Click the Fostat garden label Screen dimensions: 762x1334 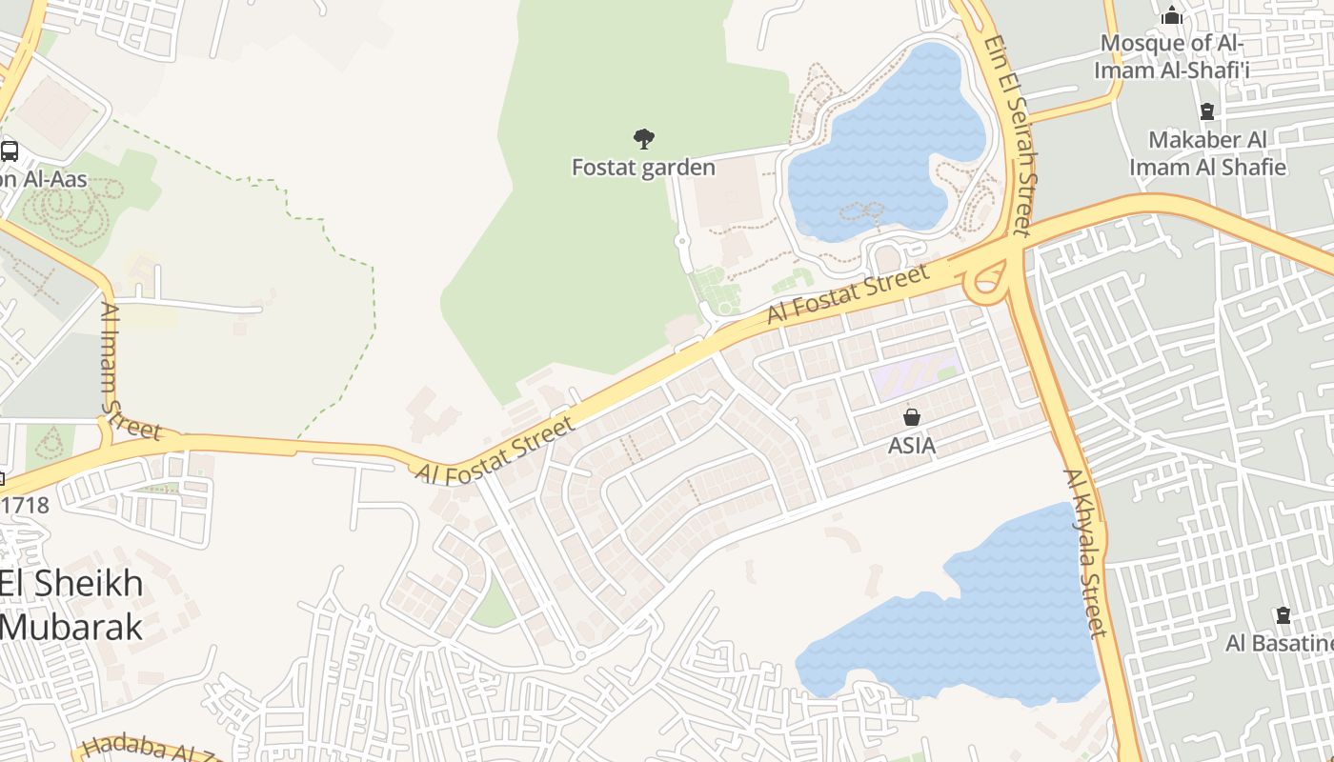[x=643, y=168]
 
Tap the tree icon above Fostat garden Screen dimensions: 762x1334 [x=644, y=139]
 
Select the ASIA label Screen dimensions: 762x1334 [x=912, y=445]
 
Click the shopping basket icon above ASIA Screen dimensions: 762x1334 [x=912, y=417]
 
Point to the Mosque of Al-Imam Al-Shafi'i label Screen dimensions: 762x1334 [x=1171, y=56]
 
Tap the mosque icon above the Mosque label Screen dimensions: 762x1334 [x=1172, y=16]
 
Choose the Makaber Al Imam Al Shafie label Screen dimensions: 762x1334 [x=1207, y=153]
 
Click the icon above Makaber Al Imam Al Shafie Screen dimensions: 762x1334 [x=1207, y=111]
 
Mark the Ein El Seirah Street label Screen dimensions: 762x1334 [x=1011, y=135]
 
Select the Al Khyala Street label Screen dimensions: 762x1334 [x=1085, y=552]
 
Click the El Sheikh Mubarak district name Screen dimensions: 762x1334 [x=72, y=605]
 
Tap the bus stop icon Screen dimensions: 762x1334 [x=10, y=150]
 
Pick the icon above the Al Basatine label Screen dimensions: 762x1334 [x=1283, y=615]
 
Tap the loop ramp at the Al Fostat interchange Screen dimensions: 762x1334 [x=988, y=279]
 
